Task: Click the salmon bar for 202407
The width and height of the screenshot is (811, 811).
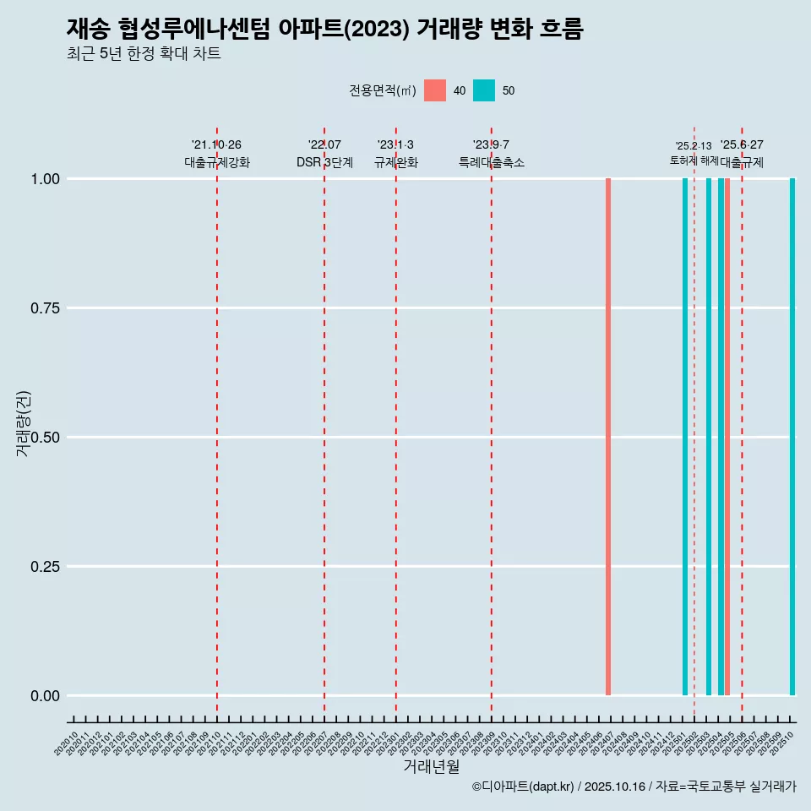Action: pos(608,437)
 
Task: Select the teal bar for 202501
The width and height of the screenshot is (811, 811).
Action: pos(685,437)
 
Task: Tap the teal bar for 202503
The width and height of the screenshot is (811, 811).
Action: pos(709,437)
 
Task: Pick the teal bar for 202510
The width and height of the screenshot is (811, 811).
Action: pos(792,437)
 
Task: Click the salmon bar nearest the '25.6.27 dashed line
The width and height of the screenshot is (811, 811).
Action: pos(727,437)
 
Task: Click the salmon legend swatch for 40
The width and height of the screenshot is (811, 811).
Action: pos(435,90)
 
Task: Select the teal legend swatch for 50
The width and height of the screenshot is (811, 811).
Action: pos(484,90)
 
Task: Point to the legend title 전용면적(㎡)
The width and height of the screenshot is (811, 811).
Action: pos(382,90)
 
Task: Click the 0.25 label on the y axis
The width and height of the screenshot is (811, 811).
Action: pos(46,567)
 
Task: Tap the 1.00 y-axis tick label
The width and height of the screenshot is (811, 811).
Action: pos(46,179)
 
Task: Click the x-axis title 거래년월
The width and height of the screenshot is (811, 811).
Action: pos(431,766)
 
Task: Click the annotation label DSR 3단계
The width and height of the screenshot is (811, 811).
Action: pos(324,162)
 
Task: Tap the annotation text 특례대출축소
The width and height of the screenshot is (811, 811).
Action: pos(492,162)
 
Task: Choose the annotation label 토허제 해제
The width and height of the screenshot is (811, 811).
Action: pos(694,161)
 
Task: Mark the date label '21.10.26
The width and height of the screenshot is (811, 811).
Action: pos(216,144)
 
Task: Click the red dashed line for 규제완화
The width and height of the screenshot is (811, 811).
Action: pos(396,422)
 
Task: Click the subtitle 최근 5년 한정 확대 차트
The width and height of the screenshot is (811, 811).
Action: pos(144,54)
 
